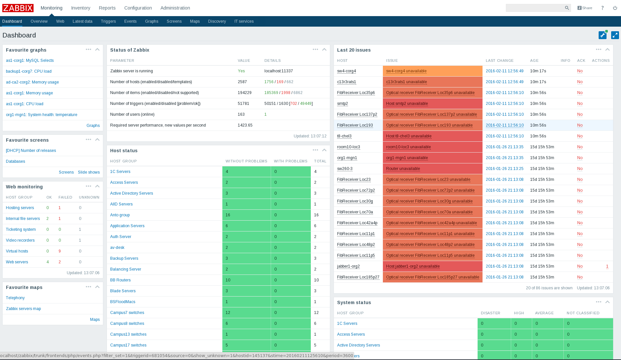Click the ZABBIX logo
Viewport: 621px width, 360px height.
tap(18, 8)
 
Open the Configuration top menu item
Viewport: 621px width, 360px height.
tap(138, 8)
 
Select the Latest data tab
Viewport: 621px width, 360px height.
tap(82, 21)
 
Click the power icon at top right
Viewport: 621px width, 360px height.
tap(615, 8)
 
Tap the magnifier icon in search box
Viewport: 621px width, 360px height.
tap(567, 8)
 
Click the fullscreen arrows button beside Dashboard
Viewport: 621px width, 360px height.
tap(615, 35)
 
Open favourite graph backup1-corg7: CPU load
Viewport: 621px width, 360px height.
tap(29, 71)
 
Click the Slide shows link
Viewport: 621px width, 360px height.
tap(88, 172)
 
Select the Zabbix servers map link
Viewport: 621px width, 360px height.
tap(23, 309)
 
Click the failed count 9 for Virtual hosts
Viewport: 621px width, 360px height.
tap(60, 251)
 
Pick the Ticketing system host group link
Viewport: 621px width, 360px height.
tap(21, 229)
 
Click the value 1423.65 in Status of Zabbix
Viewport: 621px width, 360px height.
tap(245, 125)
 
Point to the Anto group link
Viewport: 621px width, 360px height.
tap(120, 215)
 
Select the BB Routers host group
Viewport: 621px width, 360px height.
tap(120, 280)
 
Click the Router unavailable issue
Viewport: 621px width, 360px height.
tap(403, 169)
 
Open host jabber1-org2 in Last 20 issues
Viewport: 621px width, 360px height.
tap(348, 266)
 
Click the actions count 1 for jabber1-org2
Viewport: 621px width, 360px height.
tap(607, 266)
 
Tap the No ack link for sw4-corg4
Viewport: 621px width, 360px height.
tap(580, 71)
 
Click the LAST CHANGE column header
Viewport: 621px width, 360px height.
tap(499, 60)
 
